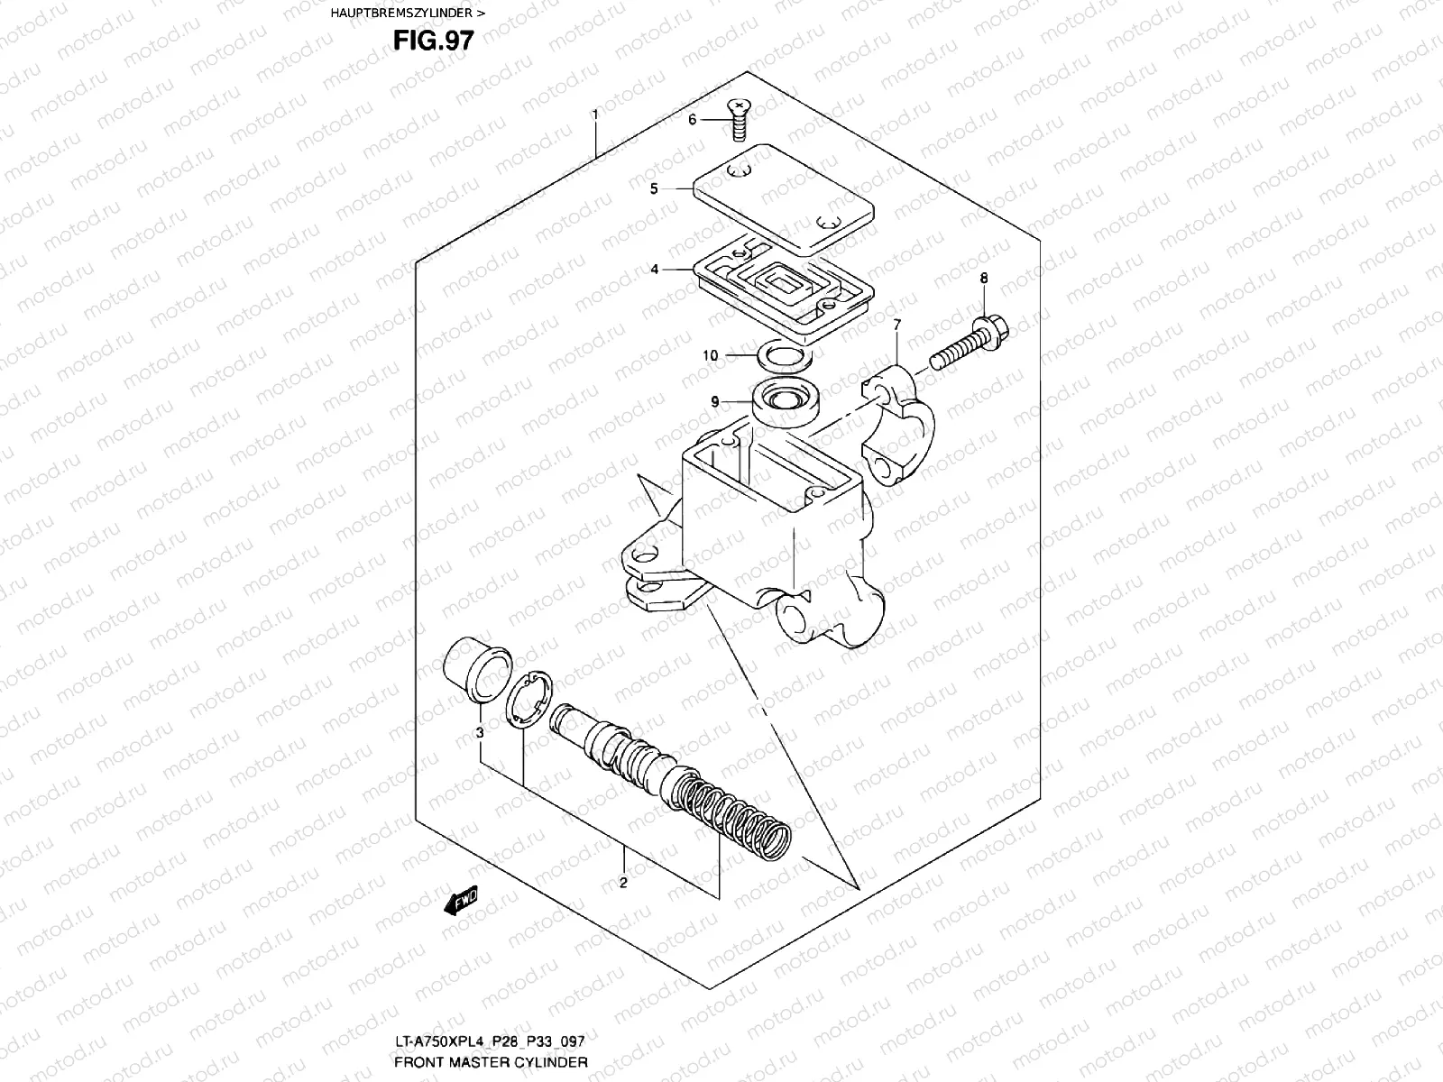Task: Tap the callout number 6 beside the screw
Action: [693, 119]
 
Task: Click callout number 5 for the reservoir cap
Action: [655, 188]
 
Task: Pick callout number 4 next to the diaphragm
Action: [655, 270]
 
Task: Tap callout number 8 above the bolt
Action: [983, 279]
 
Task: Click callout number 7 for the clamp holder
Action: [896, 325]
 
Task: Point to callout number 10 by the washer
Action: [711, 355]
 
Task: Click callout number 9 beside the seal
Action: [713, 401]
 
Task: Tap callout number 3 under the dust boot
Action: [480, 733]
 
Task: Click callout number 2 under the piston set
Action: [622, 883]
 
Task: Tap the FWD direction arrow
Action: [460, 901]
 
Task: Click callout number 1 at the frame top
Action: [595, 115]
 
